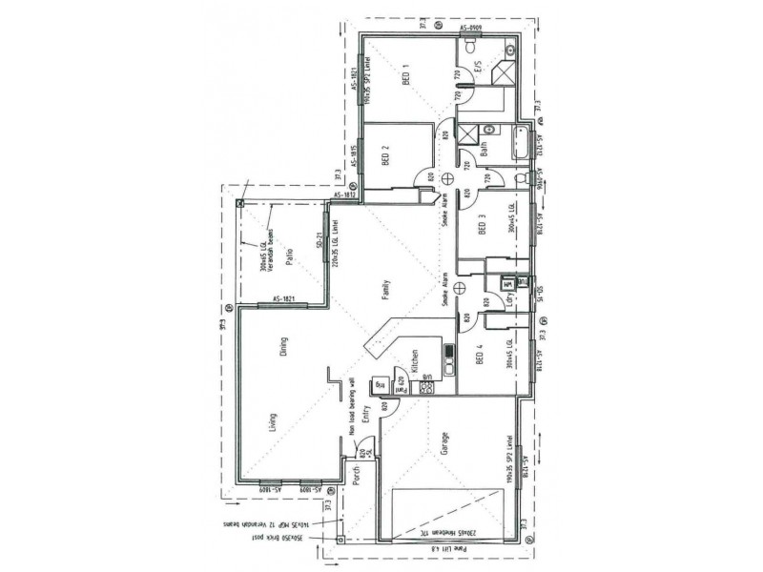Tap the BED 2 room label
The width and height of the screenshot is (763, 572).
click(385, 154)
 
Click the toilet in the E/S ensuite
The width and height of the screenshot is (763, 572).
click(510, 50)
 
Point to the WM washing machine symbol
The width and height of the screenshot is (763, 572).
click(508, 283)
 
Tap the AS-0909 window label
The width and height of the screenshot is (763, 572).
click(474, 30)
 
